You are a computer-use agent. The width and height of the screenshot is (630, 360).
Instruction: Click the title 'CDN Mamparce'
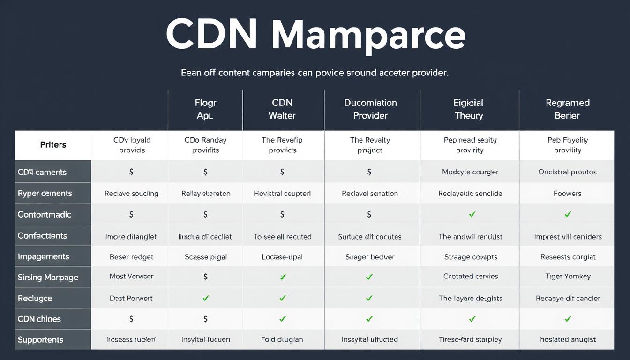point(315,35)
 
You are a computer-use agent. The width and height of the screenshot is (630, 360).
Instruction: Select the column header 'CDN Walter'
point(282,109)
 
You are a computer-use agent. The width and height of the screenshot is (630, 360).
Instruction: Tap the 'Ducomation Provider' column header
point(370,109)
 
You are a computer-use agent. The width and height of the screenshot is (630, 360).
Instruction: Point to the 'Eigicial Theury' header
point(469,109)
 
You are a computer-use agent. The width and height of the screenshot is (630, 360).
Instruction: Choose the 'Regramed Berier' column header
point(567,109)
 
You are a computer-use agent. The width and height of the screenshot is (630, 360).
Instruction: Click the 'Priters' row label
point(53,145)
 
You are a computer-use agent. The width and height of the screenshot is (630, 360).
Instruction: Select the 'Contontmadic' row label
point(45,215)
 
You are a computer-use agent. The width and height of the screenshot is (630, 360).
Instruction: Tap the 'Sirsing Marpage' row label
point(48,277)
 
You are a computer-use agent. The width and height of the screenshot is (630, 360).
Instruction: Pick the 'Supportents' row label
point(40,340)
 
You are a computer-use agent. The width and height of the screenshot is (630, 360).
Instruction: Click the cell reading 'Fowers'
point(567,194)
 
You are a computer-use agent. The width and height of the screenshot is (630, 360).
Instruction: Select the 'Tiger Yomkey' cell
point(568,277)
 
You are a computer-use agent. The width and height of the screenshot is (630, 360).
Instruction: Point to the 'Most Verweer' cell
point(131,277)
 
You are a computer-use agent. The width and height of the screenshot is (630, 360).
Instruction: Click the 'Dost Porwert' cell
point(131,299)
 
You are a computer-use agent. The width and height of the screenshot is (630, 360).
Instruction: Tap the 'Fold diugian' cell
point(282,340)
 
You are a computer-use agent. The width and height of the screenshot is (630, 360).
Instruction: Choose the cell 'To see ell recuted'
point(282,237)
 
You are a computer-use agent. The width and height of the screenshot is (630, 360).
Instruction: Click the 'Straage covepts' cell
point(470,257)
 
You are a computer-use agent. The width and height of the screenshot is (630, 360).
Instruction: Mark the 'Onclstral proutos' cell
point(567,172)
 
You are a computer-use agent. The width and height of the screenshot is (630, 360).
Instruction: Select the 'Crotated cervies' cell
point(470,277)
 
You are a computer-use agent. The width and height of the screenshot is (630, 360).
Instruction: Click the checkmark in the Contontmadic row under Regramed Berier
point(568,215)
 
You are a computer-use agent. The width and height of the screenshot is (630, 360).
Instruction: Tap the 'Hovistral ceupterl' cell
point(282,194)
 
